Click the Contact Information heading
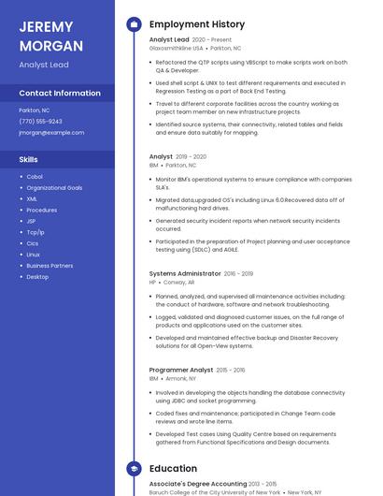pos(60,94)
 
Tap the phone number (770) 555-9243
pos(40,122)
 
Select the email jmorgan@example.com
pos(51,133)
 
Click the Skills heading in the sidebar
pos(28,160)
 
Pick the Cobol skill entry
pos(35,177)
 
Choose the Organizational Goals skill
pos(54,188)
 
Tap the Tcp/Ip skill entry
pos(35,232)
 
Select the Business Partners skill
pos(50,266)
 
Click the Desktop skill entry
pos(37,277)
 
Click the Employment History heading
pos(197,24)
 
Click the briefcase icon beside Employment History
pos(134,24)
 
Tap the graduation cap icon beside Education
pos(134,469)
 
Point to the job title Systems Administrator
pos(185,273)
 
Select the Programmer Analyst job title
pos(181,370)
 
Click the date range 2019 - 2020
pos(191,157)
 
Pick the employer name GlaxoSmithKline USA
pos(176,48)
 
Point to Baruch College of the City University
pos(201,492)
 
